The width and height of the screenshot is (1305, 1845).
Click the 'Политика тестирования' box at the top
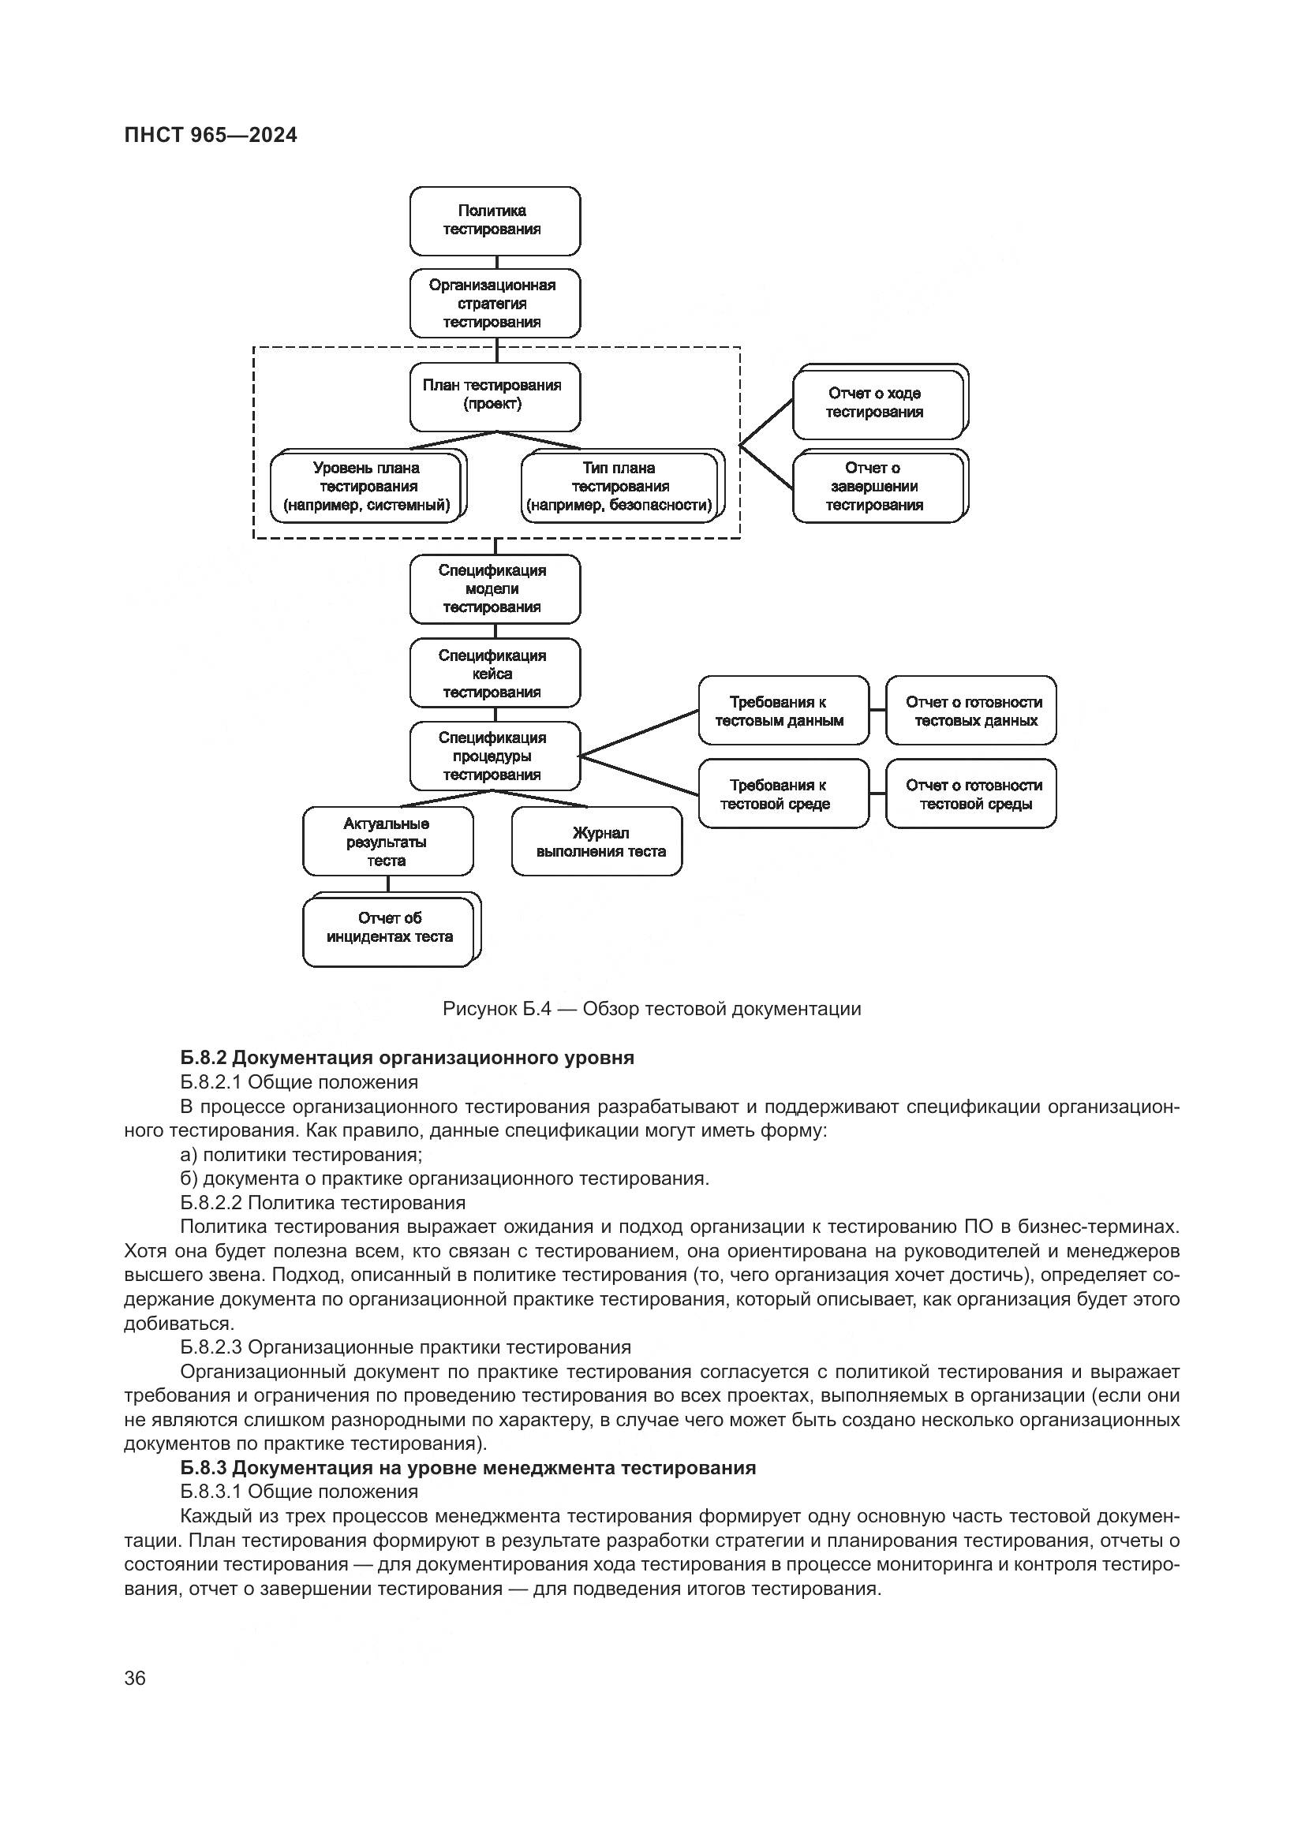(x=494, y=221)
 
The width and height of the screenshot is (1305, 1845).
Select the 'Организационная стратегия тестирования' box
(x=494, y=304)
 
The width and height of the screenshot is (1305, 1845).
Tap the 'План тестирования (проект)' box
(x=494, y=396)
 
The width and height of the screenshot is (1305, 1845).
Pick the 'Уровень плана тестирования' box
(x=366, y=487)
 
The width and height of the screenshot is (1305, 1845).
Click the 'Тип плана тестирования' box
(x=619, y=487)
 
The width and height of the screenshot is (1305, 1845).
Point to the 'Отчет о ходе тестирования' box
(x=877, y=403)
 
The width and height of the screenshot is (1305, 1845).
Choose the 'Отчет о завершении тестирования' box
(x=877, y=487)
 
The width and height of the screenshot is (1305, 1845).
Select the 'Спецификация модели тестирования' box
(x=494, y=589)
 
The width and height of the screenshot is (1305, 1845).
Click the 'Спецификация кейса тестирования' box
(x=494, y=674)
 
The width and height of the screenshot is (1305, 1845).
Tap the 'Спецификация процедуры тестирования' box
(x=494, y=756)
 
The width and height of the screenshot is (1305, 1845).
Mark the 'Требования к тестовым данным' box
(x=783, y=711)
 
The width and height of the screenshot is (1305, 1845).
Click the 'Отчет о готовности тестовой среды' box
(x=970, y=794)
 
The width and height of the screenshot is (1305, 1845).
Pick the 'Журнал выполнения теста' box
(x=596, y=842)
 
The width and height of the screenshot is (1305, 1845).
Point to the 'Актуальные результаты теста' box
(x=387, y=842)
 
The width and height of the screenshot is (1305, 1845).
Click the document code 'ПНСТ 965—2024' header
(x=211, y=136)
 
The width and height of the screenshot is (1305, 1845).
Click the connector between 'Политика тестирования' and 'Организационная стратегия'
(x=496, y=262)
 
